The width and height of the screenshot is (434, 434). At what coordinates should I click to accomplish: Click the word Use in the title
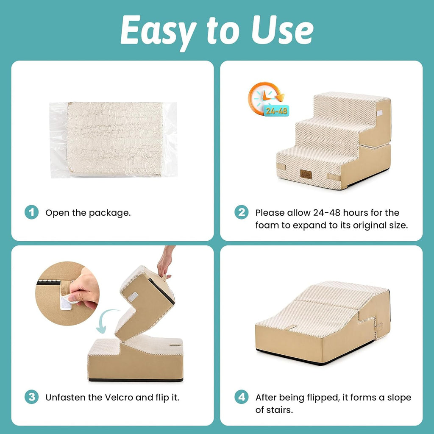282,30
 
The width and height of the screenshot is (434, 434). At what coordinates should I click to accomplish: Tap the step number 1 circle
31,212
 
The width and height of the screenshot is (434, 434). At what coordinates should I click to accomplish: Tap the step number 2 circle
242,212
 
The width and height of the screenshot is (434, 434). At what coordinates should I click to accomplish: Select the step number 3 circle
31,397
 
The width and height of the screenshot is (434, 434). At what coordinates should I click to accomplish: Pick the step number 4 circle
242,397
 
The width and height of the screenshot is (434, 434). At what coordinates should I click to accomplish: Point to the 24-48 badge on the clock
276,111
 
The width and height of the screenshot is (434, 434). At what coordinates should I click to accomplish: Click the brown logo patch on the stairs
306,174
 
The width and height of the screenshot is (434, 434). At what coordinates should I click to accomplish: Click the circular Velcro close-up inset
67,293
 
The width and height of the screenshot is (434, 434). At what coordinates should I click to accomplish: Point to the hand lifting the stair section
165,261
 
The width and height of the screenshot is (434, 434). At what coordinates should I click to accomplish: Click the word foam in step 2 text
267,225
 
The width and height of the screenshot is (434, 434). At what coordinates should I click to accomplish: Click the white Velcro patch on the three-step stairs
379,113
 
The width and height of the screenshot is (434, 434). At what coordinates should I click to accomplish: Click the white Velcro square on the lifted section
133,297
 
